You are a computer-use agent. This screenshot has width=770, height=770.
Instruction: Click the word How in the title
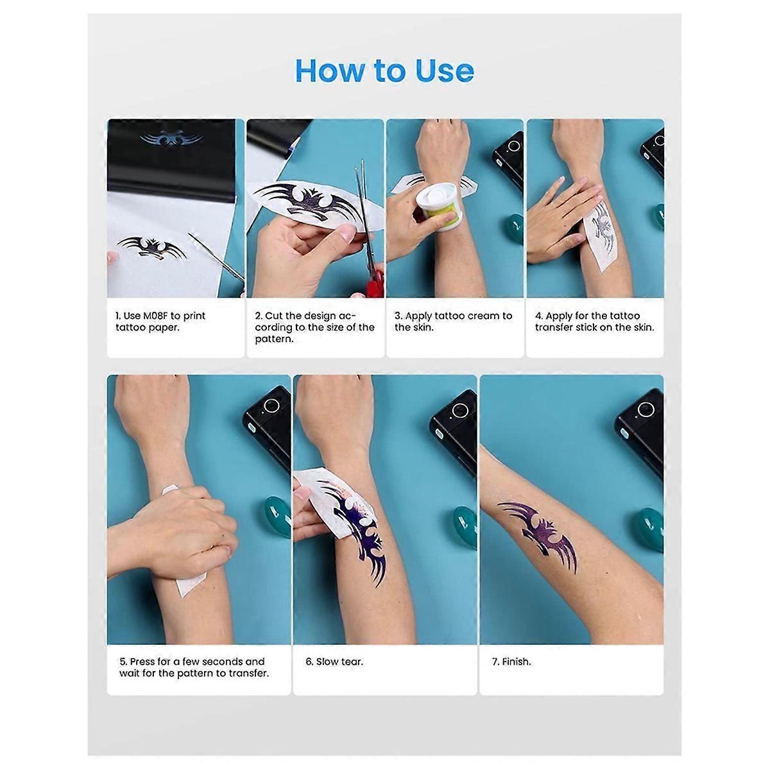pyautogui.click(x=327, y=71)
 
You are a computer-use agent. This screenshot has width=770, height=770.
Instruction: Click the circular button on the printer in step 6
pyautogui.click(x=458, y=411)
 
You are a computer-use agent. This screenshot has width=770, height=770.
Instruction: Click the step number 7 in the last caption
pyautogui.click(x=495, y=662)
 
